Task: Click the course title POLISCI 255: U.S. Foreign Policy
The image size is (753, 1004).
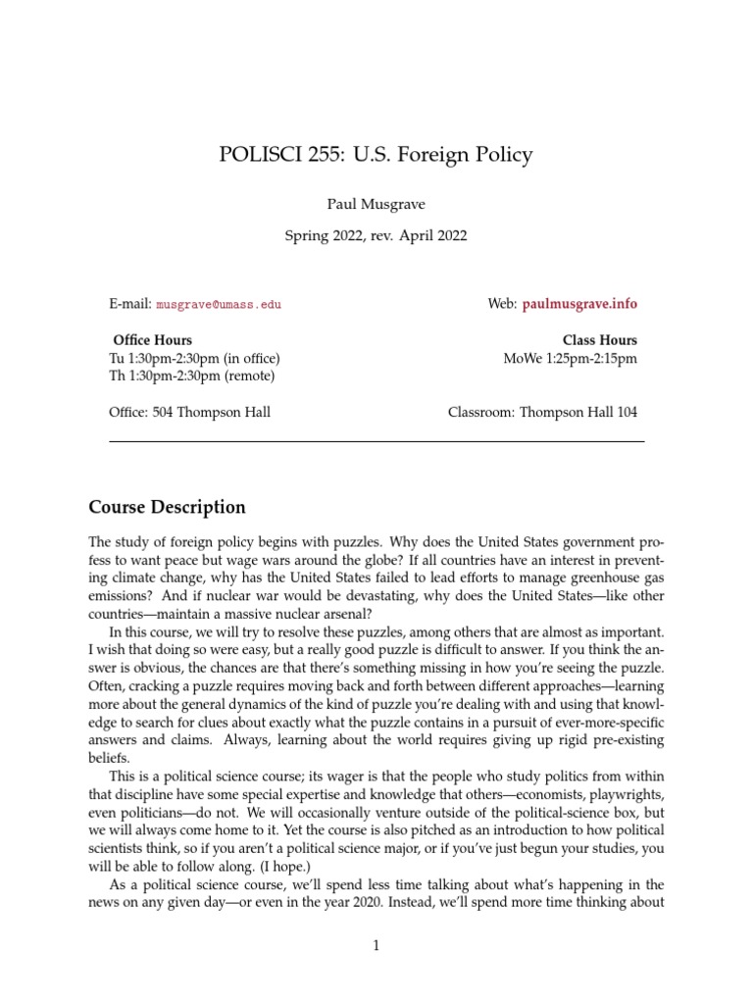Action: click(x=376, y=155)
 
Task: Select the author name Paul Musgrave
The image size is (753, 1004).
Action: click(x=376, y=207)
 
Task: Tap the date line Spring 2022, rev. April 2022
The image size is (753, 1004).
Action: click(x=376, y=235)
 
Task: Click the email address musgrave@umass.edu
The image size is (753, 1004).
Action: click(x=219, y=305)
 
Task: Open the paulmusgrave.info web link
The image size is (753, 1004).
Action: click(x=579, y=304)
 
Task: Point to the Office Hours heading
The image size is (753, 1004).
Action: click(x=153, y=340)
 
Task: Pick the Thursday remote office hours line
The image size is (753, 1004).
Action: click(x=192, y=376)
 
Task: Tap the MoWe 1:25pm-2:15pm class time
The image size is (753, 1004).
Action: click(x=570, y=358)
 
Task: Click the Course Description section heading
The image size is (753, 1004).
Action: click(x=168, y=508)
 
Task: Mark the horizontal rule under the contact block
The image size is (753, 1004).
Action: click(x=376, y=442)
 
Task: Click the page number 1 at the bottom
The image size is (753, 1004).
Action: click(x=376, y=946)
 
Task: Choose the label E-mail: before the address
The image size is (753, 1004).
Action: click(x=130, y=305)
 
